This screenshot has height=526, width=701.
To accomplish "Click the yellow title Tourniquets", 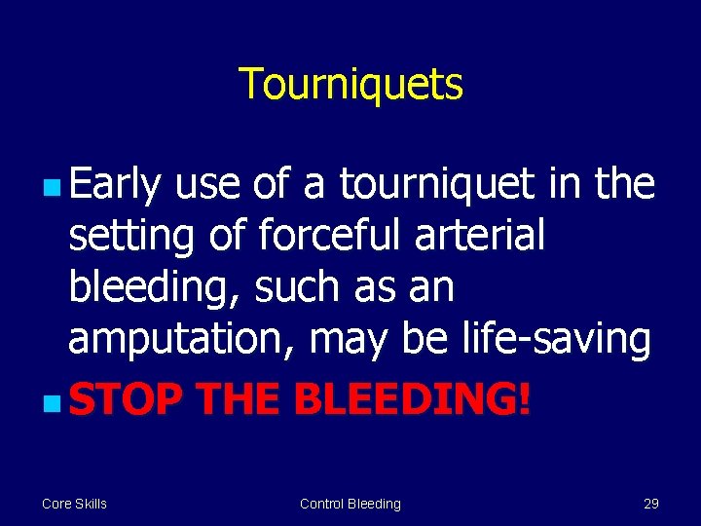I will pyautogui.click(x=350, y=85).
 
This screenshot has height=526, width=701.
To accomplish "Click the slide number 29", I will pyautogui.click(x=651, y=504).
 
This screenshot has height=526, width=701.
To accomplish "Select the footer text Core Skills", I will pyautogui.click(x=74, y=504).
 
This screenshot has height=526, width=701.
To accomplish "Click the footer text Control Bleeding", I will pyautogui.click(x=350, y=504).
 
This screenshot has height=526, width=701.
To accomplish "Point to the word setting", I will pyautogui.click(x=125, y=237).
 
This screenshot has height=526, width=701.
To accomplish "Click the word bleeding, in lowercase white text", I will pyautogui.click(x=156, y=288).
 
